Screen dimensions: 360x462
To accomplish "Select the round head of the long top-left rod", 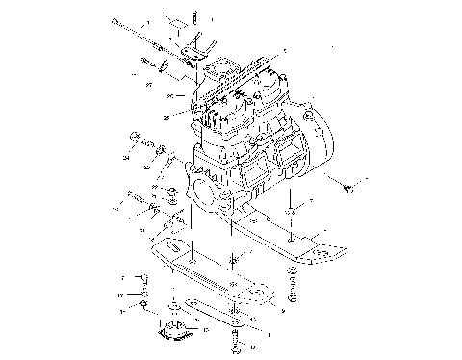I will tap(115, 21).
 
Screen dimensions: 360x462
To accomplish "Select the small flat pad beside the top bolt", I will tap(173, 20).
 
